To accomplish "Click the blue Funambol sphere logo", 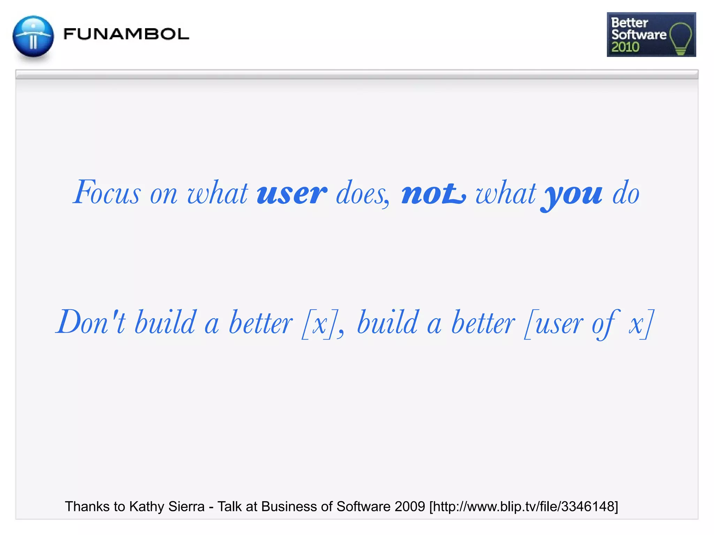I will click(33, 36).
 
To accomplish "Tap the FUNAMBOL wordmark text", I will click(126, 34).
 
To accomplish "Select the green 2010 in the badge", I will click(625, 47).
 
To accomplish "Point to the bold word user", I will click(292, 193).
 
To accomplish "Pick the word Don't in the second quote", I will click(91, 322).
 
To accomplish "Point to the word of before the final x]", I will click(605, 324).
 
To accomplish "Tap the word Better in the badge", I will click(630, 23).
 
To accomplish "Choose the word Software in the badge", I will click(639, 34).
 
